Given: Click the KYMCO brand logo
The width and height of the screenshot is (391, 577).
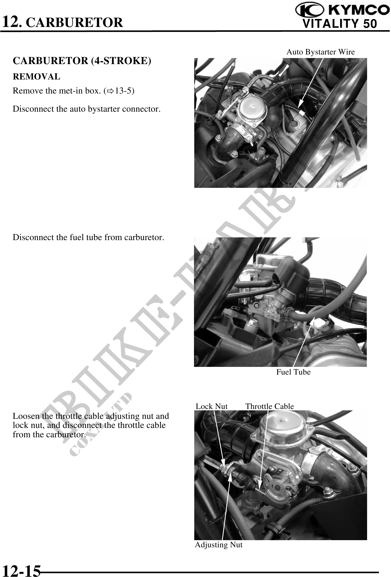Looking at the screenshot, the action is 342,10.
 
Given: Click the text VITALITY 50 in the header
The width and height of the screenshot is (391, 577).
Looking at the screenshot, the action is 340,24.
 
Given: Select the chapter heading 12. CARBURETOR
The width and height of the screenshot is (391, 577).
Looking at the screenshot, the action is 62,22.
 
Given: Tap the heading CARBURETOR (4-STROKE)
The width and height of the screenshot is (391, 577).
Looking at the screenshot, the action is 82,61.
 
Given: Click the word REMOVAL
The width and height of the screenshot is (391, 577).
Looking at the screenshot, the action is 37,77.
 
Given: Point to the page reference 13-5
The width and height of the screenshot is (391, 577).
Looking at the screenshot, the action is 123,91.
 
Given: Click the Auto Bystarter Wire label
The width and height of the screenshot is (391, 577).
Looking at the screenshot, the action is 320,52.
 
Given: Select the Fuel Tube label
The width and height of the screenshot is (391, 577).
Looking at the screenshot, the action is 293,372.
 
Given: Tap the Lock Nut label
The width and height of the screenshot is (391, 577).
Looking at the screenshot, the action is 212,406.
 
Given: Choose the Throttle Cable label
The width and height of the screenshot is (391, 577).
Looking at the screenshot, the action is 270,406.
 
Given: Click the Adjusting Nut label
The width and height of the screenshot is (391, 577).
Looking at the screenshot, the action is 219,545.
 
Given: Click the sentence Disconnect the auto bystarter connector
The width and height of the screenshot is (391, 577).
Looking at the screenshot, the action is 87,109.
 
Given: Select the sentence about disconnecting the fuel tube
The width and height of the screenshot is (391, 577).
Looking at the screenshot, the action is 88,237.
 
